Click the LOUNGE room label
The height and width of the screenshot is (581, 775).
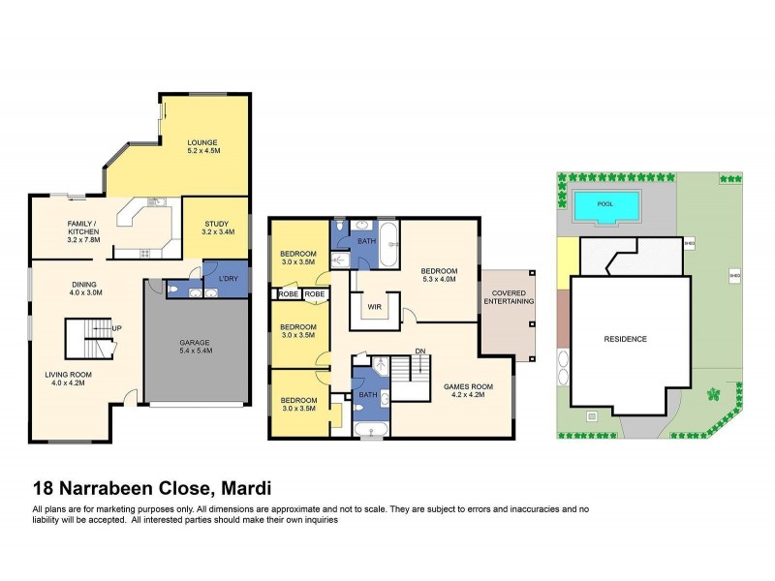click(202, 142)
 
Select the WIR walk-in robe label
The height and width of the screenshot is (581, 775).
click(371, 307)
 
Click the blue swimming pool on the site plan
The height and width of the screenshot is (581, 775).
click(605, 205)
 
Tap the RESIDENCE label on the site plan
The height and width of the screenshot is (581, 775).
click(626, 339)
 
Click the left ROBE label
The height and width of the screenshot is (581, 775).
click(289, 293)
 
